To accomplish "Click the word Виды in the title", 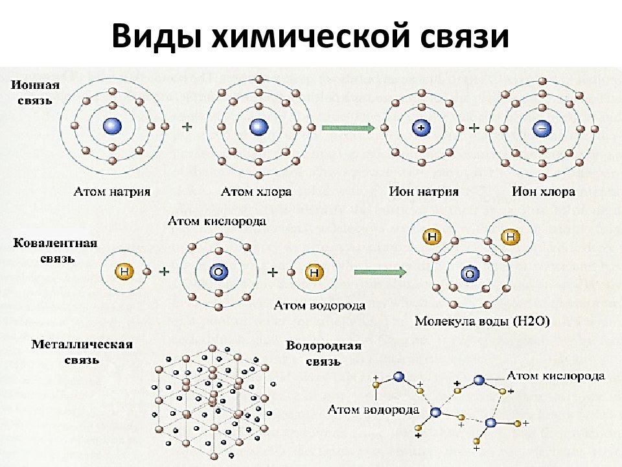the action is [157, 36].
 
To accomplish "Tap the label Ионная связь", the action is [35, 93].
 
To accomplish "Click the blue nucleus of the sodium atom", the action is [112, 126].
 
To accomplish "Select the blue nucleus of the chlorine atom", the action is [259, 127].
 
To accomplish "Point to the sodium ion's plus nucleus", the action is [421, 128].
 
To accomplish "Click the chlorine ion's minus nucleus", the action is [542, 128].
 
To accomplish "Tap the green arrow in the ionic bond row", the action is [348, 128].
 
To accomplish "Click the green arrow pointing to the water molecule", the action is [380, 272].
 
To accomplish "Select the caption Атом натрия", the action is [112, 192].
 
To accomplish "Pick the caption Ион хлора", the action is [543, 192].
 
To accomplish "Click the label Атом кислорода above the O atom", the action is [216, 221].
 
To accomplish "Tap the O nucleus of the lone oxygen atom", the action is [218, 272].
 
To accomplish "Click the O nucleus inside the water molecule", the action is [470, 274].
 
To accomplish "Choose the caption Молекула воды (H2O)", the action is [482, 321].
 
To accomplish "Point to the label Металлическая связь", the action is [82, 352].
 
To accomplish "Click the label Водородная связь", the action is [323, 353].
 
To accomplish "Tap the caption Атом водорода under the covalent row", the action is [319, 305].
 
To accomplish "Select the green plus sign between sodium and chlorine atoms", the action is [187, 126].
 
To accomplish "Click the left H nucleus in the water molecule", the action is [432, 237].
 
